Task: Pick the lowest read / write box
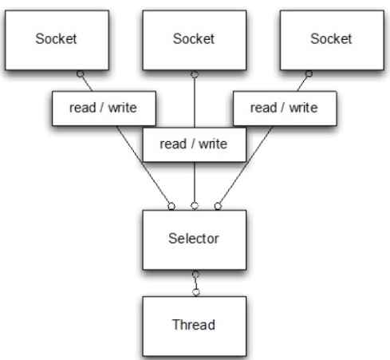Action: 194,144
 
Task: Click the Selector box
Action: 194,239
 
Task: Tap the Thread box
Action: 194,325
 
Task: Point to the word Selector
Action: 194,239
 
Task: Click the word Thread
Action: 194,325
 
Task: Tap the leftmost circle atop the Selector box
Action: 171,205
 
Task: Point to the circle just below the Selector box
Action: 194,275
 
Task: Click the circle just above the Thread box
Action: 194,289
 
